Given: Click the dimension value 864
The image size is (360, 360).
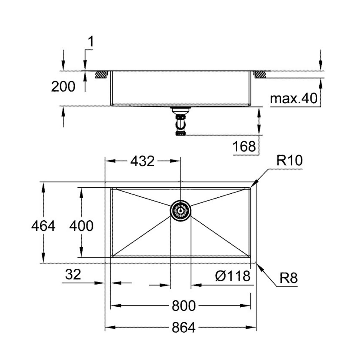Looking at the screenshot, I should [184, 327].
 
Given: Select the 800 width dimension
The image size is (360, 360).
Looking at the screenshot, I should [184, 306].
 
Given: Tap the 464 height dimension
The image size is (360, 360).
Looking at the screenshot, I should [43, 226].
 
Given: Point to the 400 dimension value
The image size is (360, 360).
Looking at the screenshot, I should [81, 226].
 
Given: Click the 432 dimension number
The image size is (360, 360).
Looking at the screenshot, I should [143, 161].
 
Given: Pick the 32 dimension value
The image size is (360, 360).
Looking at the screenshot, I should [73, 275].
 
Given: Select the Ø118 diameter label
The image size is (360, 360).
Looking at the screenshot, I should [233, 276].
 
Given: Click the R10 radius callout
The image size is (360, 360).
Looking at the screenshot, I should [289, 161].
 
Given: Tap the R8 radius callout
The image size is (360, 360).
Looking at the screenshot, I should [288, 278].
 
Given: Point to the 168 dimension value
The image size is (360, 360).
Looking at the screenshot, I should [244, 146].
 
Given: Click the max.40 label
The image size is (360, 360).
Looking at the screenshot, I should [294, 98].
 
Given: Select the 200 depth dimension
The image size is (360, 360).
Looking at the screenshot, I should [63, 87].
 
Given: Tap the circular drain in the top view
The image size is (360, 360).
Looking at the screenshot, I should [180, 210].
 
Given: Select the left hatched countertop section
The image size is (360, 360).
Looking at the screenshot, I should [101, 74].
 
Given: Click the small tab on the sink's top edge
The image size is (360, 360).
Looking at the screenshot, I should [180, 181].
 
